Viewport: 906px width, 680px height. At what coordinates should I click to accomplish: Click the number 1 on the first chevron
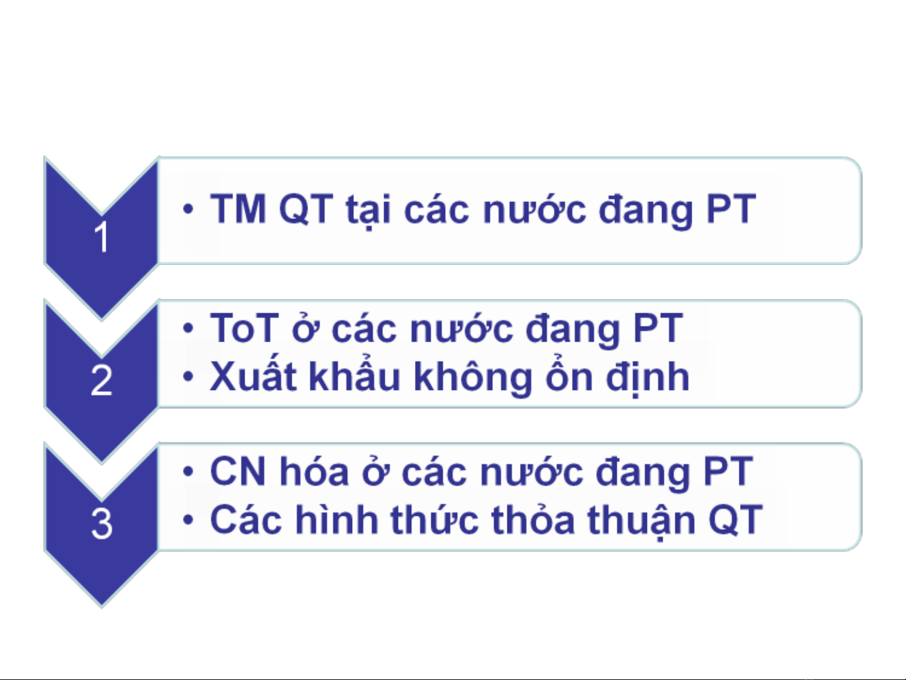tap(101, 237)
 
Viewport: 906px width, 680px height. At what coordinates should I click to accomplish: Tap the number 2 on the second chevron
tap(101, 380)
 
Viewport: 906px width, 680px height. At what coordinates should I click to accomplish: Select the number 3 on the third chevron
tap(101, 523)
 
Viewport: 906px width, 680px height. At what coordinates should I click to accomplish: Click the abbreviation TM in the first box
tap(238, 209)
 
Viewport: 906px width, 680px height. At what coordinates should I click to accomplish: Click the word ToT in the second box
tap(245, 328)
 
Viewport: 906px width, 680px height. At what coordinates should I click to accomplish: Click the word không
tap(472, 377)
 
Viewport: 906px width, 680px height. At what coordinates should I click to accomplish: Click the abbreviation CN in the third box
tap(238, 472)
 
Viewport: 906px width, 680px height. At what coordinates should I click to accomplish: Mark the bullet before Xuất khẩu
tap(188, 376)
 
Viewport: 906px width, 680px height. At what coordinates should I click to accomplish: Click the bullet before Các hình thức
tap(188, 520)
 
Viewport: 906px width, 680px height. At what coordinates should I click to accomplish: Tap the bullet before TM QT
tap(188, 209)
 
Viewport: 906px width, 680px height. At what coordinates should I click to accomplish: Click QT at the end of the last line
tap(735, 519)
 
